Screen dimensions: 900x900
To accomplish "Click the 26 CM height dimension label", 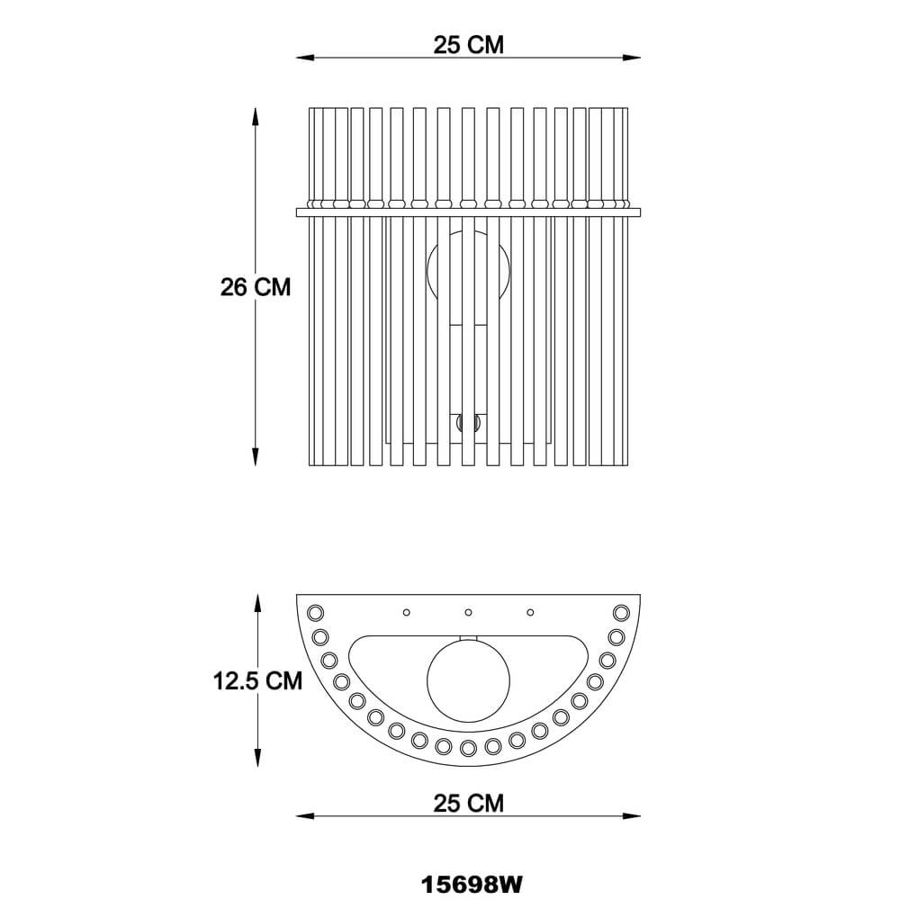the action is pos(256,286).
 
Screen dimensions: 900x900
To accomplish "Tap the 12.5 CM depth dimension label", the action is pos(257,680).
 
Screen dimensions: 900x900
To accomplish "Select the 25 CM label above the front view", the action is pos(468,45).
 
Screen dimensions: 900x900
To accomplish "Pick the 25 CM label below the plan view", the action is pos(468,803).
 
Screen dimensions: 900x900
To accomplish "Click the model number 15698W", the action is pos(472,885).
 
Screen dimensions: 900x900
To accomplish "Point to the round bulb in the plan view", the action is pos(468,680).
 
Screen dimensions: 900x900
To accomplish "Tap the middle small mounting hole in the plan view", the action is pos(468,612).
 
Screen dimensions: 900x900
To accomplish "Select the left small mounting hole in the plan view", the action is pos(407,612).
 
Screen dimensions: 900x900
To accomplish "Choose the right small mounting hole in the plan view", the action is pos(530,612).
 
